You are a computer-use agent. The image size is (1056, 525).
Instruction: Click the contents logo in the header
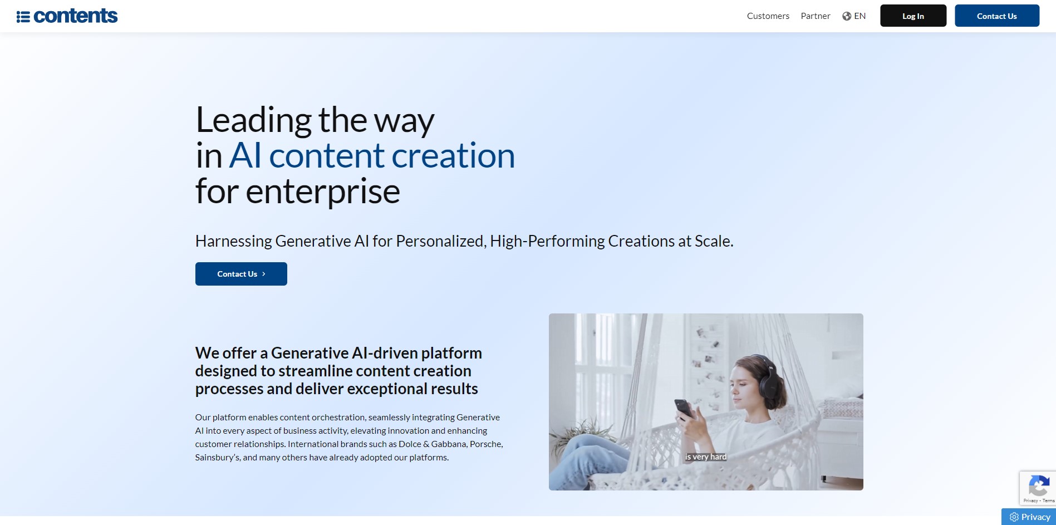click(67, 16)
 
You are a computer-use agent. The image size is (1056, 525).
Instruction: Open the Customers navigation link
click(768, 16)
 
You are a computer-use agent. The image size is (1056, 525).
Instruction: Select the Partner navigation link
click(816, 16)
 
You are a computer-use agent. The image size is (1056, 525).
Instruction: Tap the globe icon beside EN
click(847, 16)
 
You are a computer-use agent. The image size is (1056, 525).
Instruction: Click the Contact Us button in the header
click(997, 16)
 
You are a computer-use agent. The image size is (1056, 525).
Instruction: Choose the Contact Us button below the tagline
click(241, 274)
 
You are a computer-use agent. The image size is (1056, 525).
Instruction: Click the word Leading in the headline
click(254, 121)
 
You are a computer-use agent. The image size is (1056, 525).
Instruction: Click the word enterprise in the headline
click(323, 192)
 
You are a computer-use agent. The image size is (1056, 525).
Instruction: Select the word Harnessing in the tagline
click(234, 241)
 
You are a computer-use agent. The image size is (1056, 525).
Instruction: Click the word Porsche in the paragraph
click(485, 444)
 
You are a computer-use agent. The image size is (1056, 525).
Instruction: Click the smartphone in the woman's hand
click(684, 409)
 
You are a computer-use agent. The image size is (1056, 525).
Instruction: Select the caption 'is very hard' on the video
click(706, 457)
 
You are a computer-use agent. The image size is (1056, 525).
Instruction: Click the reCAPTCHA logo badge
click(1039, 485)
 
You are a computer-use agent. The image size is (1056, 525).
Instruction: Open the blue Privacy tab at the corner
click(1029, 517)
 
